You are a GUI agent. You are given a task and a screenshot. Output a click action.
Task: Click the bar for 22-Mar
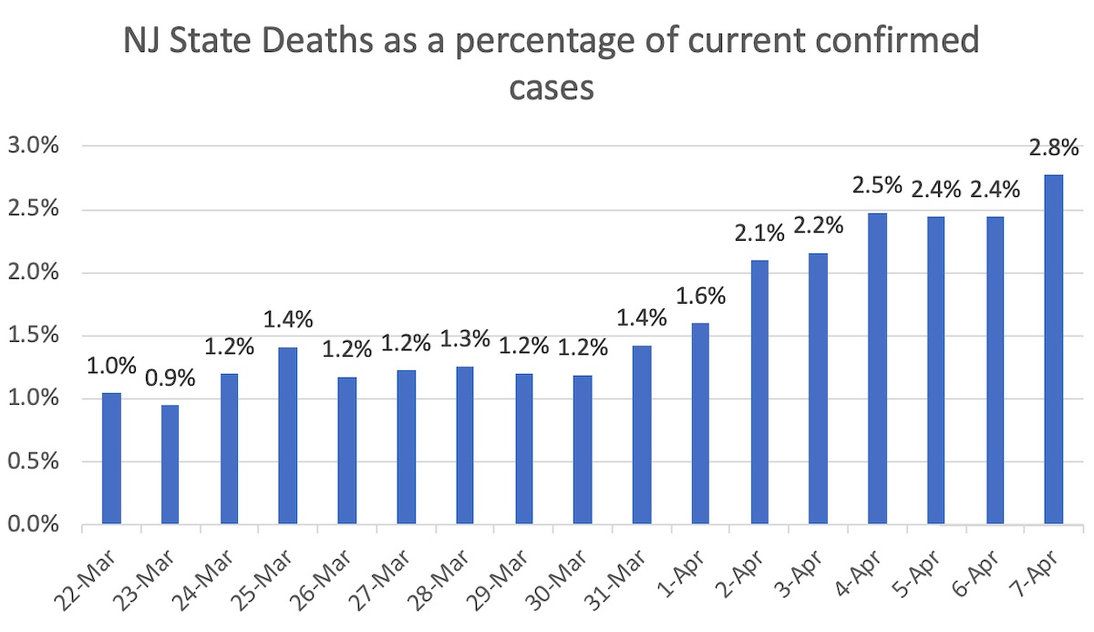click(x=111, y=459)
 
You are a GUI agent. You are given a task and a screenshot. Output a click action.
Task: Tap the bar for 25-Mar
click(x=288, y=436)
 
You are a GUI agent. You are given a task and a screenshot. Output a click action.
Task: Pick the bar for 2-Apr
click(x=759, y=392)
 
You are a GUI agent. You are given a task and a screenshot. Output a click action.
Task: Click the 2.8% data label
click(x=1055, y=149)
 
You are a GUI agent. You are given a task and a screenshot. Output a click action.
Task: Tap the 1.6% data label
click(x=699, y=297)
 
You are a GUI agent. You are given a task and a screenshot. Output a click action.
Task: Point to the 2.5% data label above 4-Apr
click(x=877, y=186)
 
